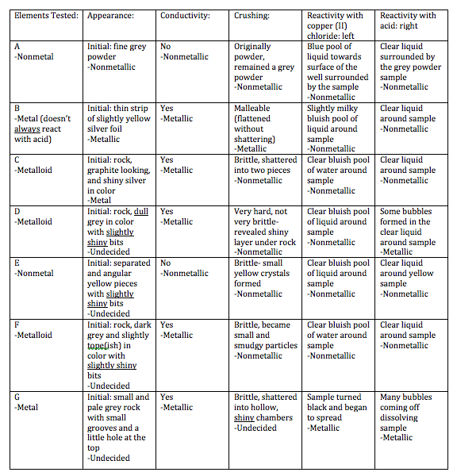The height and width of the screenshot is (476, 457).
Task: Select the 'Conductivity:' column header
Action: [x=185, y=15]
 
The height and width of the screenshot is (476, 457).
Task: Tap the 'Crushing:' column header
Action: [x=252, y=15]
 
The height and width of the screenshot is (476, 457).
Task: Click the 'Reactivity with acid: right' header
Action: [x=408, y=21]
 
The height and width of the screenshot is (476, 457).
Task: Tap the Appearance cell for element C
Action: [x=119, y=180]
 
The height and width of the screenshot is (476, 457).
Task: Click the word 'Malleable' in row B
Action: [x=252, y=108]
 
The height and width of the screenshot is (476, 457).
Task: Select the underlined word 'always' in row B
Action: [x=30, y=129]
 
